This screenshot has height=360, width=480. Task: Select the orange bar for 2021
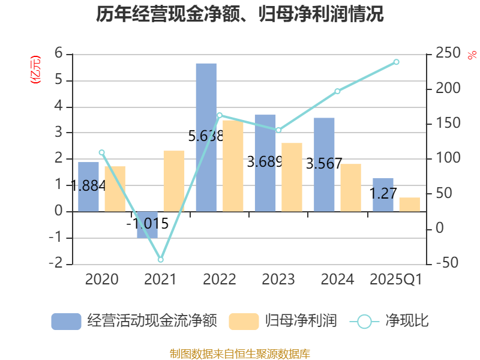174,181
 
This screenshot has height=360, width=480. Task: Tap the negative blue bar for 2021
147,224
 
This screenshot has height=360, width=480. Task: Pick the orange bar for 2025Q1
410,204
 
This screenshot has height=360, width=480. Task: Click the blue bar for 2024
324,164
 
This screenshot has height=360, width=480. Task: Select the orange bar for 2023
292,177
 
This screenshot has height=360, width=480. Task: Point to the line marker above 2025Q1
396,62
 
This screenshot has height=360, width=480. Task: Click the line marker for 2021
160,260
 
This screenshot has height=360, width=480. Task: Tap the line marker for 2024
337,91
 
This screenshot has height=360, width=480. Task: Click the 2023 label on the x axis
278,280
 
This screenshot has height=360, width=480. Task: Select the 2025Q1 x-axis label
396,280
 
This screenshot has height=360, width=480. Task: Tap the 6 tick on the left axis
59,54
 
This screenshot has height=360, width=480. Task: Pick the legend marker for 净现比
364,322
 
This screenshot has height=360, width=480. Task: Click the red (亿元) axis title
35,69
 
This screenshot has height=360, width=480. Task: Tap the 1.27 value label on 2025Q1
382,194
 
